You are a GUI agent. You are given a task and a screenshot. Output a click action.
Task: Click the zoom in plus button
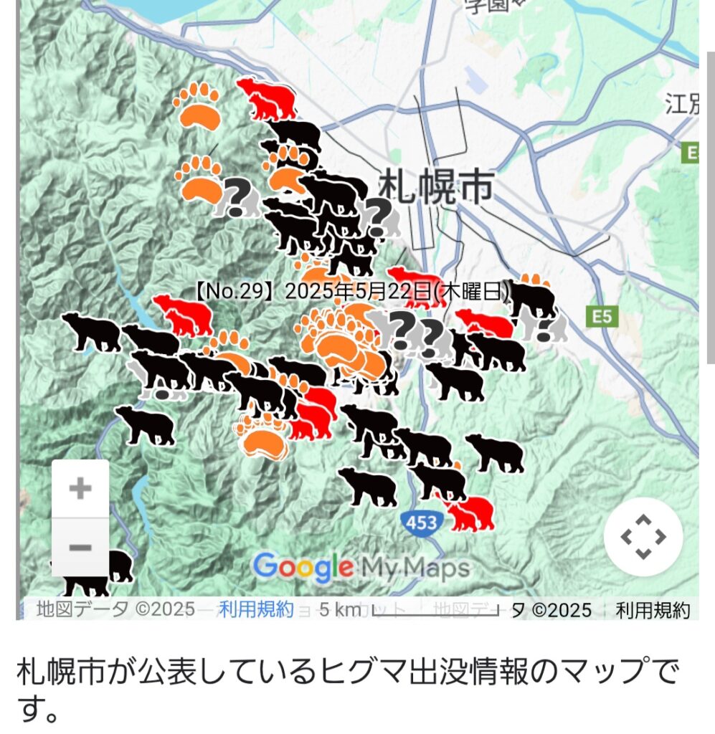tap(80, 489)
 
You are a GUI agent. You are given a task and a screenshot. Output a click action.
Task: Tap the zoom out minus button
tap(80, 548)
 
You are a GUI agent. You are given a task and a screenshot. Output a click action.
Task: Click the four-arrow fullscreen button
tap(643, 536)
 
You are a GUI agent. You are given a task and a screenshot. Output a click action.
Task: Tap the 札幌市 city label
tap(435, 186)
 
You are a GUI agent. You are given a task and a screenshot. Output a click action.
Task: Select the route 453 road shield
tap(421, 523)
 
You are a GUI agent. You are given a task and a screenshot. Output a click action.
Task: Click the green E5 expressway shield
tap(601, 316)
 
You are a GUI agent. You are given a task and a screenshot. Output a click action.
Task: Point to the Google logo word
tap(303, 568)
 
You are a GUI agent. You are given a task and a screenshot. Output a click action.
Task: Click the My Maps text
tap(415, 568)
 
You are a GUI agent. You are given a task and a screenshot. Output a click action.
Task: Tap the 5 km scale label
tap(339, 610)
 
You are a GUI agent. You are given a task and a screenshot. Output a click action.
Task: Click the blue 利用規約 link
tap(256, 609)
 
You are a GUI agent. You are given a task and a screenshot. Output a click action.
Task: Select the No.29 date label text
tap(351, 292)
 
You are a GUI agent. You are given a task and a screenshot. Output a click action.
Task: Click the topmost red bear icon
tap(267, 99)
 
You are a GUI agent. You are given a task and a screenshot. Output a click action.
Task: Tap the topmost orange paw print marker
tap(198, 105)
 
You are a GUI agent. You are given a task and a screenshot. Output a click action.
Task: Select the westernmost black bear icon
tap(92, 333)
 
